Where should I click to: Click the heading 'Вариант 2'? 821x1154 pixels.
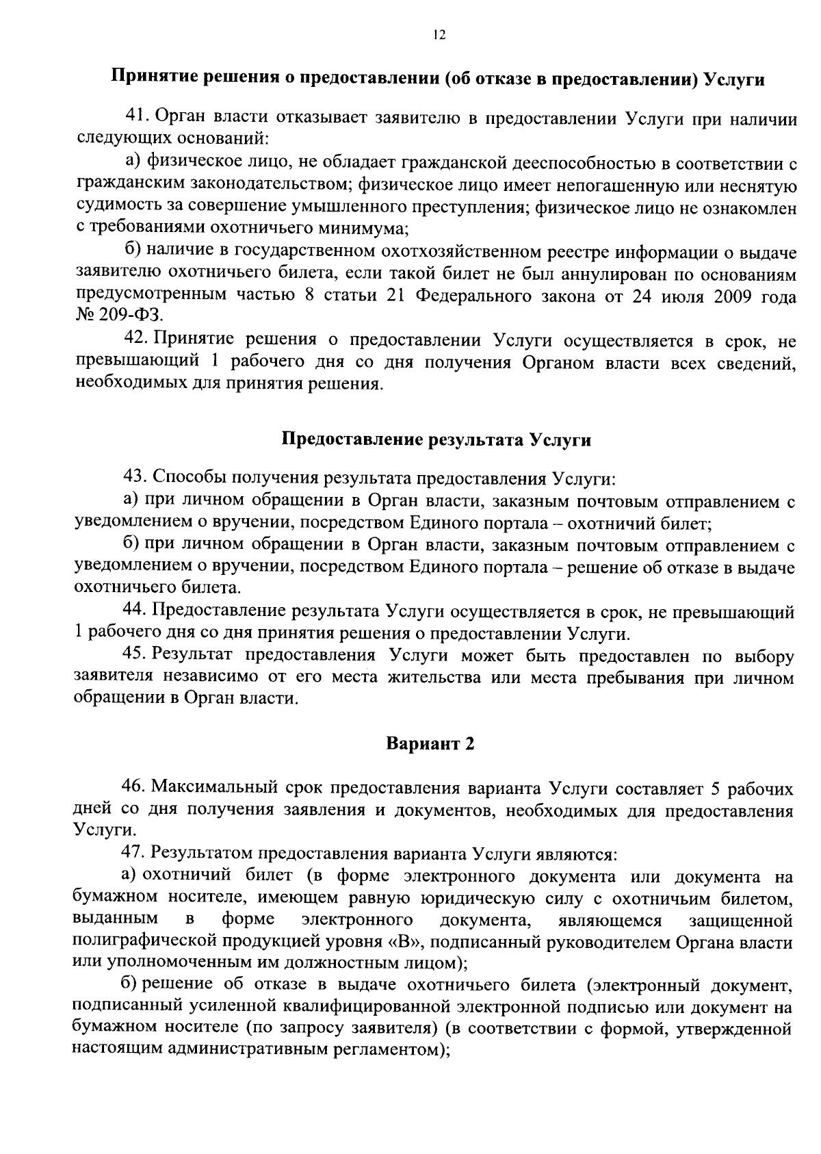pyautogui.click(x=430, y=744)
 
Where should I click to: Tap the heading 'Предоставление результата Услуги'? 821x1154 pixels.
pyautogui.click(x=436, y=440)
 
